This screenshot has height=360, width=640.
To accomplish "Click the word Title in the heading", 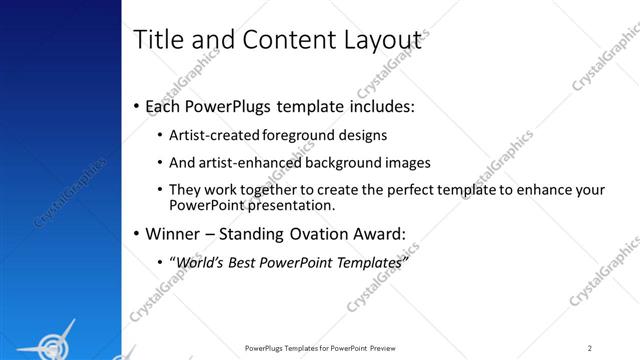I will [156, 39].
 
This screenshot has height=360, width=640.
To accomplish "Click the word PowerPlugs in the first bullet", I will [230, 106].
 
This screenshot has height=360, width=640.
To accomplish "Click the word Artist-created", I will [213, 135].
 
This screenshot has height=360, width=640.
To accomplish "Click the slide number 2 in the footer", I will [589, 347].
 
